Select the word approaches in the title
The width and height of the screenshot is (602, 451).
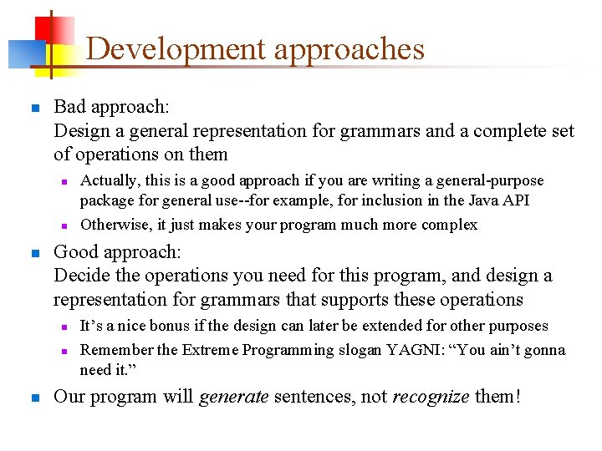coord(349,49)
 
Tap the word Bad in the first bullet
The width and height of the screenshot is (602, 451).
coord(69,107)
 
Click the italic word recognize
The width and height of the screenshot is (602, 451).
coord(431,397)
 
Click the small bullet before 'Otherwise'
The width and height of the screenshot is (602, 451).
coord(63,225)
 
